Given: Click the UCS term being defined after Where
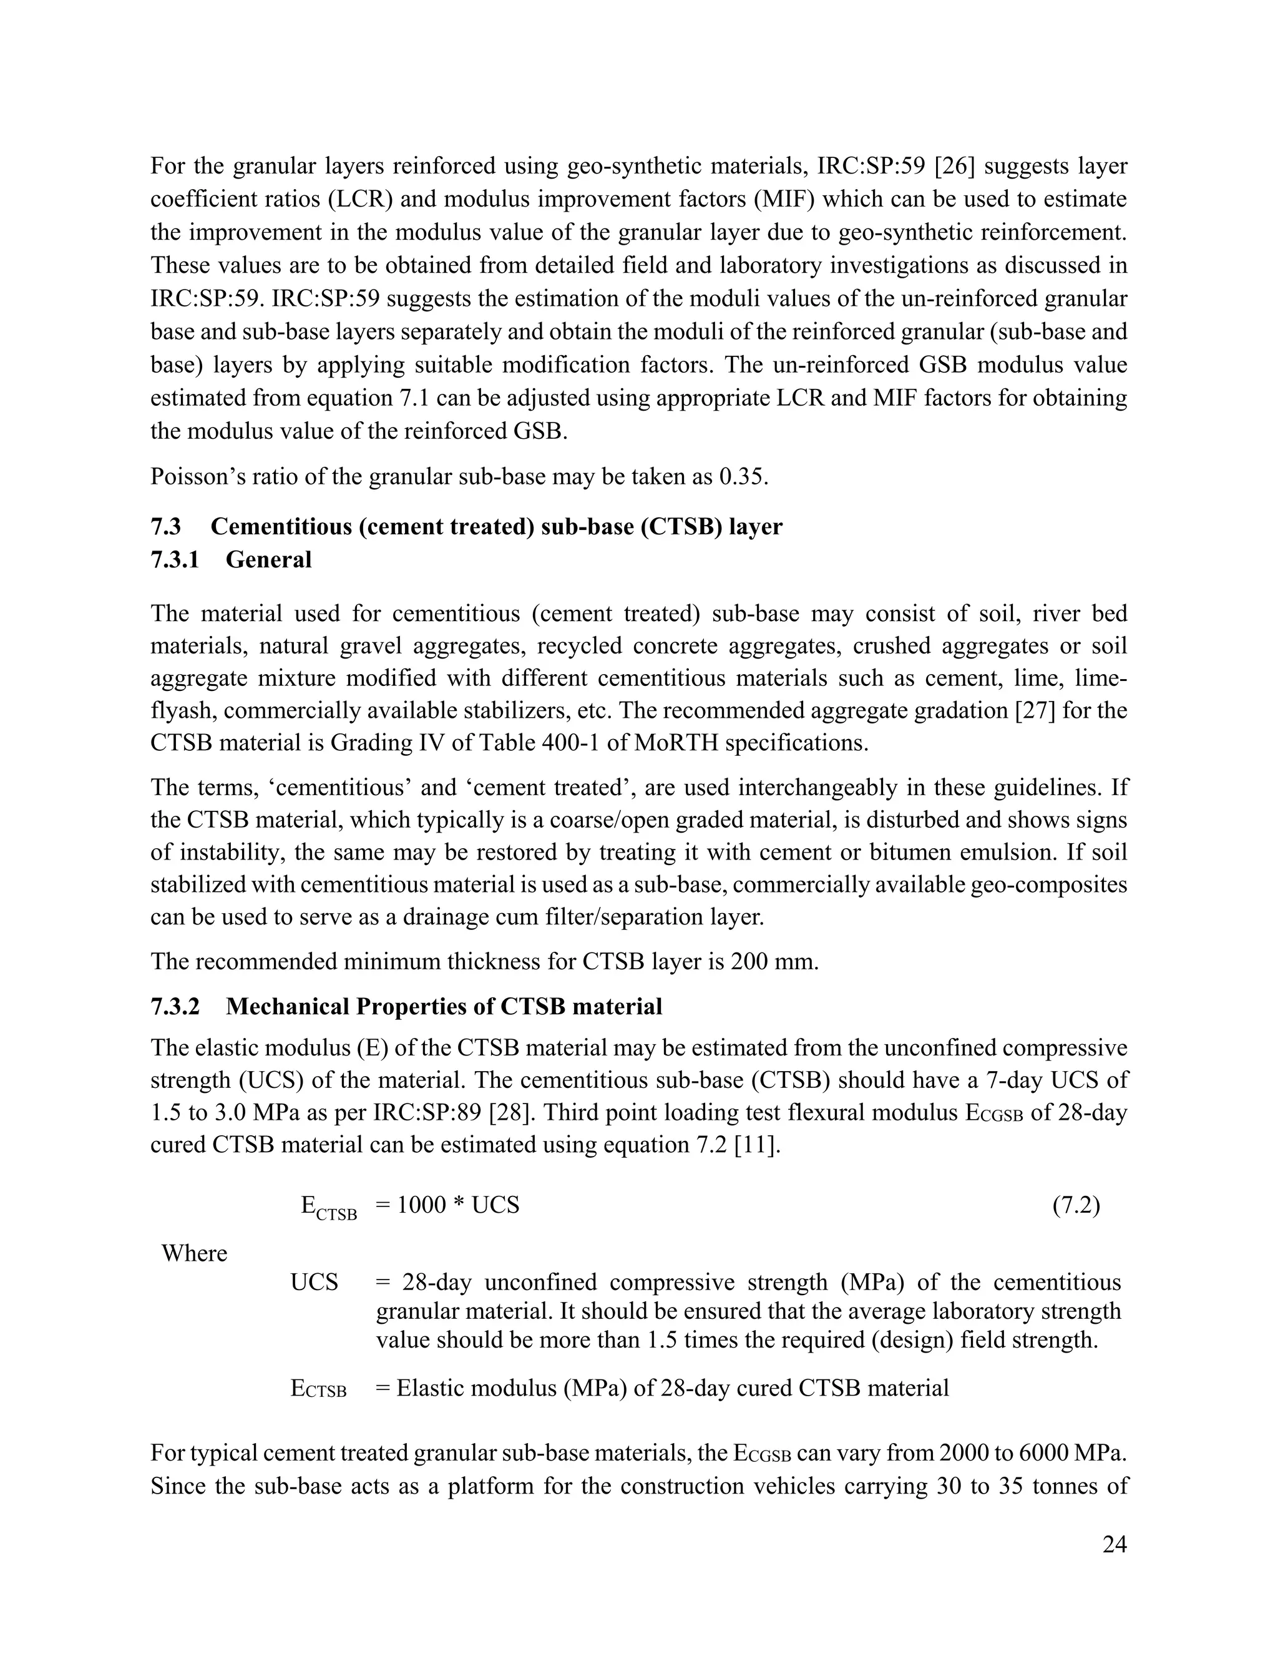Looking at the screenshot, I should pyautogui.click(x=315, y=1283).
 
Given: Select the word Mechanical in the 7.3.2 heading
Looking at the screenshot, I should pyautogui.click(x=287, y=1007).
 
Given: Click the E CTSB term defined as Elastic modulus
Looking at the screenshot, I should pyautogui.click(x=319, y=1388).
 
